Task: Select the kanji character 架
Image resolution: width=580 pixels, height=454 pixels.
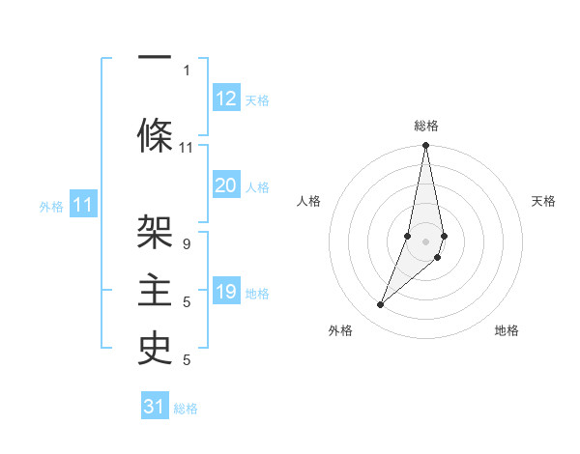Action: (155, 231)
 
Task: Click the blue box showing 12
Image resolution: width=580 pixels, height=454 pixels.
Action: (226, 98)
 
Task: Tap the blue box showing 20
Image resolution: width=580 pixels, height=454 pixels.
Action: (226, 185)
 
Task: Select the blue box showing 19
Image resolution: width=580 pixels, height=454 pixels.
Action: (226, 292)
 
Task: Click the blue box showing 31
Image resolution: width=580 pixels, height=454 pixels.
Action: (155, 407)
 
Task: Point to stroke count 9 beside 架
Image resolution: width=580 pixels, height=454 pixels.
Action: (186, 245)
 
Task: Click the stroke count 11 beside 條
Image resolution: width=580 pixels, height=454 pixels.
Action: (186, 148)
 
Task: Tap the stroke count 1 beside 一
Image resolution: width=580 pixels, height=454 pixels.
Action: (186, 70)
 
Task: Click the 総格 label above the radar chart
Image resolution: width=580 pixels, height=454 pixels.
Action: (426, 126)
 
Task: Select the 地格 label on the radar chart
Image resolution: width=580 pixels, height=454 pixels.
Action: (507, 330)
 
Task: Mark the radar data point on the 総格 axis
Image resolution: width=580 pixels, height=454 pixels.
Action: (426, 146)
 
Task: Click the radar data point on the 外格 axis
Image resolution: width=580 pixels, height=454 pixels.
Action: (381, 305)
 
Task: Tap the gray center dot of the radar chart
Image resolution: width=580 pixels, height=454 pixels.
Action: (426, 241)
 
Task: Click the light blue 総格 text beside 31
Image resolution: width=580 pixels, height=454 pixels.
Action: (186, 409)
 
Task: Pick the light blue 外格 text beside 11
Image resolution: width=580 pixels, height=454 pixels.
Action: (50, 206)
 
